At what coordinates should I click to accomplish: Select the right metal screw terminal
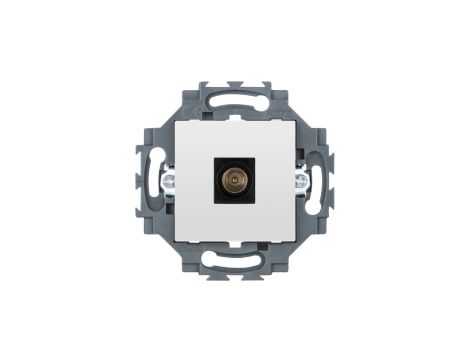(302, 183)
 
